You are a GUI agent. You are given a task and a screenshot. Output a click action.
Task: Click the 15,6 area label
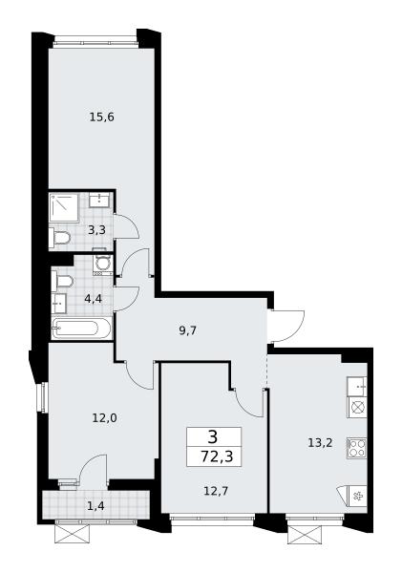[102, 117]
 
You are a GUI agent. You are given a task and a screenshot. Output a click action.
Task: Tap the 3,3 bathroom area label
[96, 230]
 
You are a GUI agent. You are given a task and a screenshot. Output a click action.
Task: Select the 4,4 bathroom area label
[93, 299]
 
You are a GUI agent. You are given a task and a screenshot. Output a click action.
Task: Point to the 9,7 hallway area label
[188, 330]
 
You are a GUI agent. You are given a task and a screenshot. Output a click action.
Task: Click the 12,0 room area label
[104, 417]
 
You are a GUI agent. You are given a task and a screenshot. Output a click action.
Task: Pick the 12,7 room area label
[216, 491]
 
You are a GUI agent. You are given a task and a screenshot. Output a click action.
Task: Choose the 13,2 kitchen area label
[320, 443]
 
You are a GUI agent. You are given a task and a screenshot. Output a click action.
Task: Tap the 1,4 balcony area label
[95, 506]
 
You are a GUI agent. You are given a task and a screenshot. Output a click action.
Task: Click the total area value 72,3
[217, 456]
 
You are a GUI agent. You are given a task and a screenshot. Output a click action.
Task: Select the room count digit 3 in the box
[213, 436]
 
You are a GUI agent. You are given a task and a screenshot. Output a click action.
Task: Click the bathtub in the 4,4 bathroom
[81, 328]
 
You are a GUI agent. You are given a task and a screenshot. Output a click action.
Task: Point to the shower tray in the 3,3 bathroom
[64, 207]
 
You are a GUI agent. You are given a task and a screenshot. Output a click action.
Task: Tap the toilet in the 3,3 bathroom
[59, 238]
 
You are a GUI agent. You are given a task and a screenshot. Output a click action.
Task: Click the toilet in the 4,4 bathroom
[63, 282]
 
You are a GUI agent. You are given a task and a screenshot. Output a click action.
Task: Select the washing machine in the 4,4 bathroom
[103, 264]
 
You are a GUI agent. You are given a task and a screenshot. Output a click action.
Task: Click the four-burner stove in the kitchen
[357, 448]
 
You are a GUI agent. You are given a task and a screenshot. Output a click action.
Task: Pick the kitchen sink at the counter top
[357, 386]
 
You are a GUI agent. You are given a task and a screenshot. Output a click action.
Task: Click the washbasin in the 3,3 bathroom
[98, 200]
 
